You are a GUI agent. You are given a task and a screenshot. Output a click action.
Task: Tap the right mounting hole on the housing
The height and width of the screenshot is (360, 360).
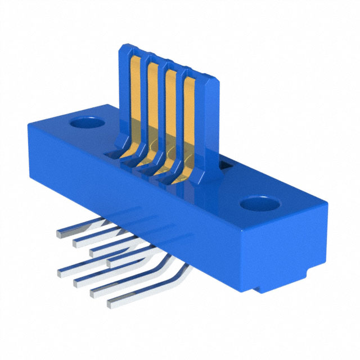pos(260,202)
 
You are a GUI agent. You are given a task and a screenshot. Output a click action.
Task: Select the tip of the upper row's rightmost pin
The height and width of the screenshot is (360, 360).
pos(109,262)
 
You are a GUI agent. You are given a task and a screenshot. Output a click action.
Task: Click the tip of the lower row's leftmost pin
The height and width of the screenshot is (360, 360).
pos(61,274)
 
